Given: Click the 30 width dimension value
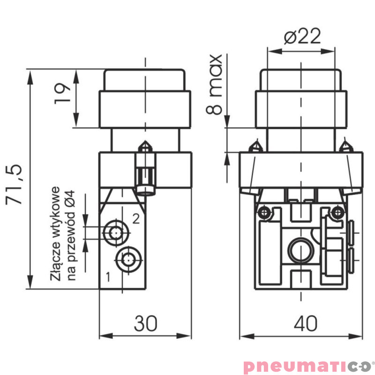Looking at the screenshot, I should [146, 323].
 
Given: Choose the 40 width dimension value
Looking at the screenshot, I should [305, 323].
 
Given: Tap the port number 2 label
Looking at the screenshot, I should [135, 218].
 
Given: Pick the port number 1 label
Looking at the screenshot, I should [108, 277].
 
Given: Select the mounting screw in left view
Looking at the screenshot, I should [146, 169].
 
